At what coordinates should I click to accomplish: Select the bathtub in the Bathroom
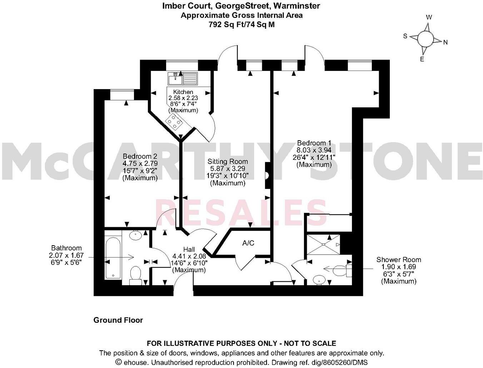113,258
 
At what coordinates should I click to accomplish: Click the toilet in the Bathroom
136,275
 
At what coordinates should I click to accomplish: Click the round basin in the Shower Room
319,280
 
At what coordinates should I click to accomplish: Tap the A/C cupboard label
248,243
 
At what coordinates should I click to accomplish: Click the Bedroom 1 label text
314,143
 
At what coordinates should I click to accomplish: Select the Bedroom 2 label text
140,156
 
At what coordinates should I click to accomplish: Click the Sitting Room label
228,162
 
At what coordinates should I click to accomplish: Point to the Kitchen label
183,92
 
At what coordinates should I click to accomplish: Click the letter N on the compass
445,42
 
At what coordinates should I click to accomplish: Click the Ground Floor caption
118,320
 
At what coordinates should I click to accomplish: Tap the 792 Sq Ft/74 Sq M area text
241,25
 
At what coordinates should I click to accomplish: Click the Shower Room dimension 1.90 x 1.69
399,267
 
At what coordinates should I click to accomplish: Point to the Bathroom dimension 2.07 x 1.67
66,255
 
